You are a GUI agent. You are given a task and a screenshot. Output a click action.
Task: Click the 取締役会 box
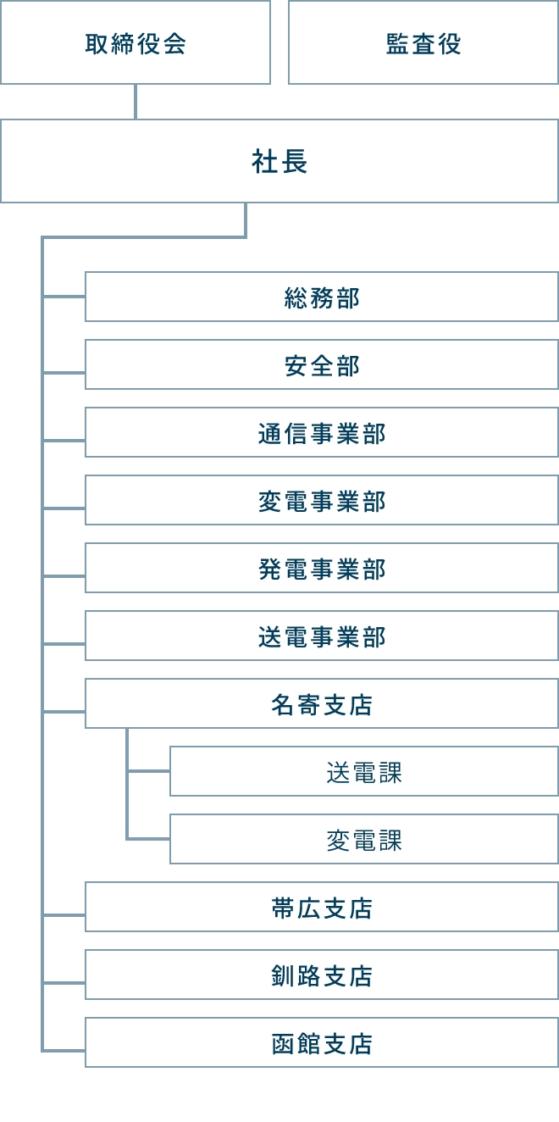[136, 42]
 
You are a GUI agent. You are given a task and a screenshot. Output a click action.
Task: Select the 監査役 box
[423, 42]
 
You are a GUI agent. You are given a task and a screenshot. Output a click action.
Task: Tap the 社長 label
[279, 161]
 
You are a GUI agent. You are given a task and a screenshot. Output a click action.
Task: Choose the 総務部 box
[322, 297]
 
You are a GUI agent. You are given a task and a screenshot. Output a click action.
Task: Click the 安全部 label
[322, 365]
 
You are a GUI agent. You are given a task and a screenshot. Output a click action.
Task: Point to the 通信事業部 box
[322, 432]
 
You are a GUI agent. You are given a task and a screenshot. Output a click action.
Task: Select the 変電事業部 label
[322, 502]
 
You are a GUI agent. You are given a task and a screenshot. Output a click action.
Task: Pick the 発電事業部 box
[322, 568]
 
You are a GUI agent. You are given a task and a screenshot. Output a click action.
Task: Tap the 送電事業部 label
[322, 636]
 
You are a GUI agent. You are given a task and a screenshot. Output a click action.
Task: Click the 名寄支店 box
[322, 703]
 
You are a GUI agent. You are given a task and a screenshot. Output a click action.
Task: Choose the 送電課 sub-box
[364, 771]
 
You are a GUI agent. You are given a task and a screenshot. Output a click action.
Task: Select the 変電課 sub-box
[364, 839]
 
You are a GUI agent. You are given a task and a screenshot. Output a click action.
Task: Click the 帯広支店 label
[322, 908]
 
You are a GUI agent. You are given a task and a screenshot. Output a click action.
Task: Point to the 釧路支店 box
[322, 975]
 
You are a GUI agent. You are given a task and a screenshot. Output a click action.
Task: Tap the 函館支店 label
[322, 1044]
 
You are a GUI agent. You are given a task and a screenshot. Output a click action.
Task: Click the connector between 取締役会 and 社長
[136, 102]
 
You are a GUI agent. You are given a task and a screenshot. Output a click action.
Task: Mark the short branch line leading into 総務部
[64, 297]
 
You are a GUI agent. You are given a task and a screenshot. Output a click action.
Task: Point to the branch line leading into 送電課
[148, 771]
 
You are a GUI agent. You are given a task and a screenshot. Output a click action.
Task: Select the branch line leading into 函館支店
[64, 1050]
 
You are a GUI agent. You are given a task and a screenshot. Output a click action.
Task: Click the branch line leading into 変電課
[148, 838]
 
